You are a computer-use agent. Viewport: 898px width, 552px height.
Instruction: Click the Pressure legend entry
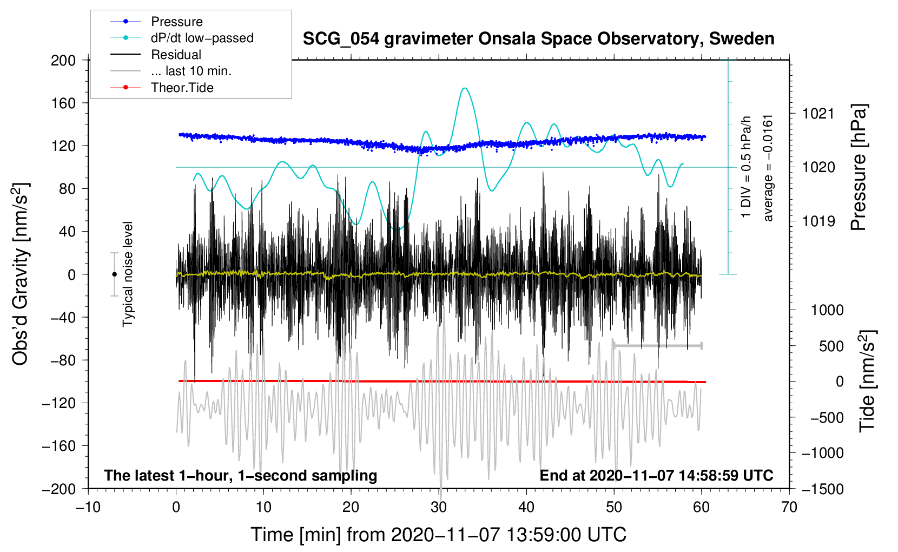(176, 22)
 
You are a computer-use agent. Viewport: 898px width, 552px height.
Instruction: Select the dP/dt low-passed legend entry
(202, 38)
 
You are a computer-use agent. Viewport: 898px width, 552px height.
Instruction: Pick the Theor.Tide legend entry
(182, 88)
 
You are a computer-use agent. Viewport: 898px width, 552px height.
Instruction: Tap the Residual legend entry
(176, 55)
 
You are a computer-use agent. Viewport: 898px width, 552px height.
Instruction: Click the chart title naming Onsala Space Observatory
(538, 39)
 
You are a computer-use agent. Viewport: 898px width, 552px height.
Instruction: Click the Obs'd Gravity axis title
(20, 274)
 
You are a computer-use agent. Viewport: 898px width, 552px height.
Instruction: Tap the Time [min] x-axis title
(438, 535)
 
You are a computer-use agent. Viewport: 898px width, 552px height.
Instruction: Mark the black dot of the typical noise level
(114, 274)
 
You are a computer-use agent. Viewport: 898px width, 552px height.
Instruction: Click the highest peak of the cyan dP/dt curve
(464, 88)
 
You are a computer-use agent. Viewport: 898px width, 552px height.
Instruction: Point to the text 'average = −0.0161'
(768, 168)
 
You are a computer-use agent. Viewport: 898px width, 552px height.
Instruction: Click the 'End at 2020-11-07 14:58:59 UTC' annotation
(656, 475)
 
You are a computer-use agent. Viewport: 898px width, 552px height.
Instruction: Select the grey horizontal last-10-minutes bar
(657, 345)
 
